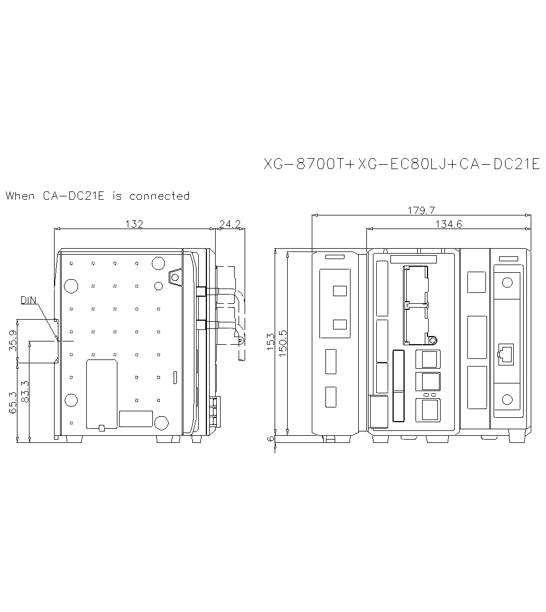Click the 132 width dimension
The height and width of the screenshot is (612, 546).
[x=134, y=224]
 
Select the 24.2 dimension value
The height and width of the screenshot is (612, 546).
[x=230, y=224]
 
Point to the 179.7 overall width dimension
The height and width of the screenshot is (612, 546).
[x=420, y=210]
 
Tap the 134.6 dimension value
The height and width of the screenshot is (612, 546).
[x=449, y=224]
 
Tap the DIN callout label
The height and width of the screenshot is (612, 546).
[x=29, y=300]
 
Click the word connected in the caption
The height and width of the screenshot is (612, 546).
[x=159, y=196]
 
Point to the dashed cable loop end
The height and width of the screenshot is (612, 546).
[x=240, y=340]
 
